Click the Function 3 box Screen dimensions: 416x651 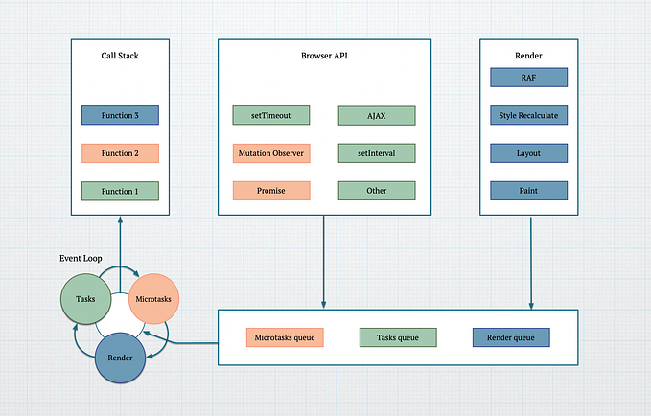120,116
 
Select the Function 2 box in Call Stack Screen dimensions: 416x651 120,153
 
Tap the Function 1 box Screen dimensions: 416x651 120,191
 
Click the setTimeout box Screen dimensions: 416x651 271,116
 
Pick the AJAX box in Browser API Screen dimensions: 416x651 377,116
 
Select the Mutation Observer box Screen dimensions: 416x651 271,153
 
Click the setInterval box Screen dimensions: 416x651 377,153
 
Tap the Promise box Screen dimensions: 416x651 271,191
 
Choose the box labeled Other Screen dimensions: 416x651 377,191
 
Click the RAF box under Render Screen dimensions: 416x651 528,78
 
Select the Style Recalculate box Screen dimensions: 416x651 528,115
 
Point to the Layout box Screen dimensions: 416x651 528,153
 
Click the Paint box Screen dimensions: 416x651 528,191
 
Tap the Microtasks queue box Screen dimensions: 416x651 285,337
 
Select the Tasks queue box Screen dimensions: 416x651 398,337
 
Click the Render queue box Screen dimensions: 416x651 511,337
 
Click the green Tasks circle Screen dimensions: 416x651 86,298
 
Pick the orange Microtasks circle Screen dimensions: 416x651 153,298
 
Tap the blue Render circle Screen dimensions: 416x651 120,357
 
